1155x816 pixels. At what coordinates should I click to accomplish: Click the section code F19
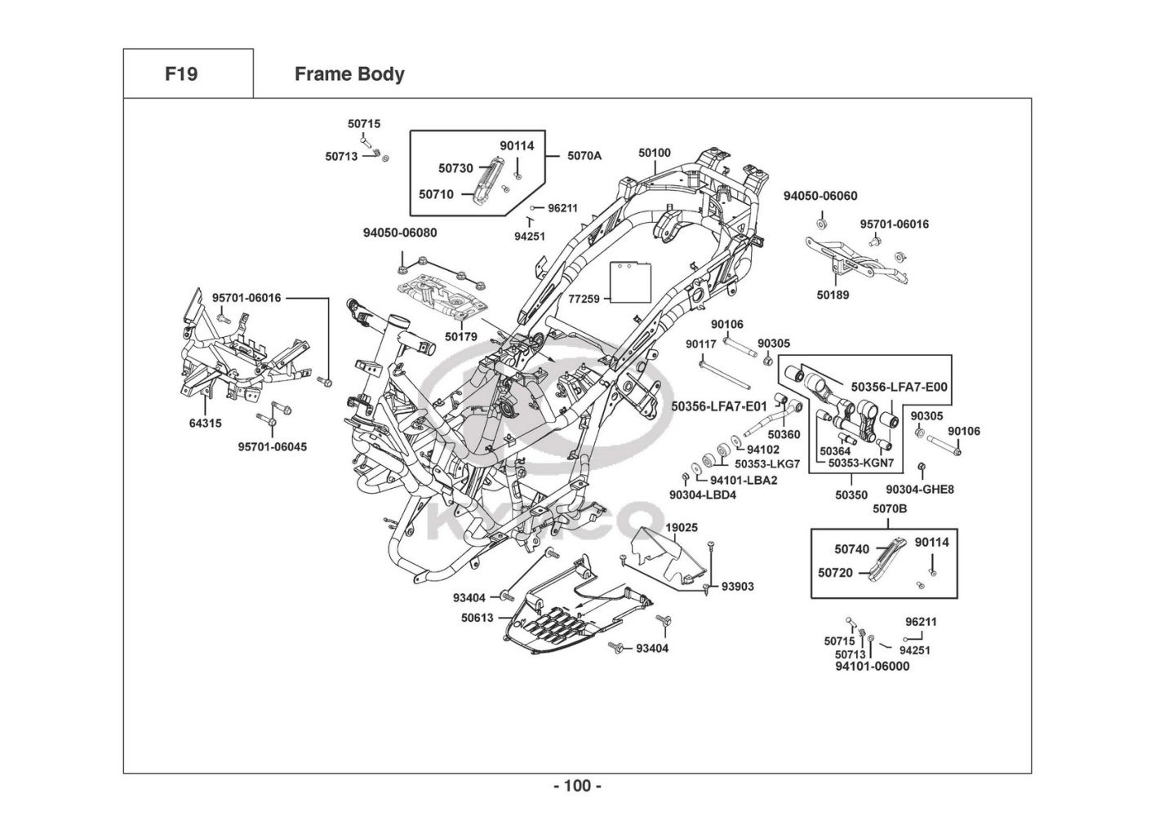(x=181, y=74)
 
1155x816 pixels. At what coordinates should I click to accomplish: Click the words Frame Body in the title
(x=349, y=74)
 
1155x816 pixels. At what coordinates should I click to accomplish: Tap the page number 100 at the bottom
(x=577, y=786)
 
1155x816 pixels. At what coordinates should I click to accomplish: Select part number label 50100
(x=655, y=153)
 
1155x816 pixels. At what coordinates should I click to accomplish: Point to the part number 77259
(x=584, y=299)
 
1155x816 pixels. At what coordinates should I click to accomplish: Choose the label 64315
(x=205, y=424)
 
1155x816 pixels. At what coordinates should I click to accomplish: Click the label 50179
(x=461, y=336)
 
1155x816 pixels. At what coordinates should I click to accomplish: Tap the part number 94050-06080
(x=400, y=233)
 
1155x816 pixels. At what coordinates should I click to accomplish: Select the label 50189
(x=833, y=295)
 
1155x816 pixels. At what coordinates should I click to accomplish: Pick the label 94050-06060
(x=820, y=196)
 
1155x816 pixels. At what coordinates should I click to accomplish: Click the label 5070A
(x=584, y=155)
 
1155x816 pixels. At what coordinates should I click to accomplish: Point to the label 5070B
(x=890, y=509)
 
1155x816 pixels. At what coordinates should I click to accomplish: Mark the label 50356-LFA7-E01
(x=719, y=406)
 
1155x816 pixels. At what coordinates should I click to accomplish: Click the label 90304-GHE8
(x=920, y=490)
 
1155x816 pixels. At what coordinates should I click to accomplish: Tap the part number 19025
(x=682, y=527)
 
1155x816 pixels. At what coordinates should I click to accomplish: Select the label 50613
(x=478, y=618)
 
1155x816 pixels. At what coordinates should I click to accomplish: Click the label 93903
(x=737, y=586)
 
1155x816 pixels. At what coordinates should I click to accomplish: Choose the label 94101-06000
(x=872, y=666)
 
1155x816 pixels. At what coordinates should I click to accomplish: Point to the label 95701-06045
(x=273, y=447)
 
